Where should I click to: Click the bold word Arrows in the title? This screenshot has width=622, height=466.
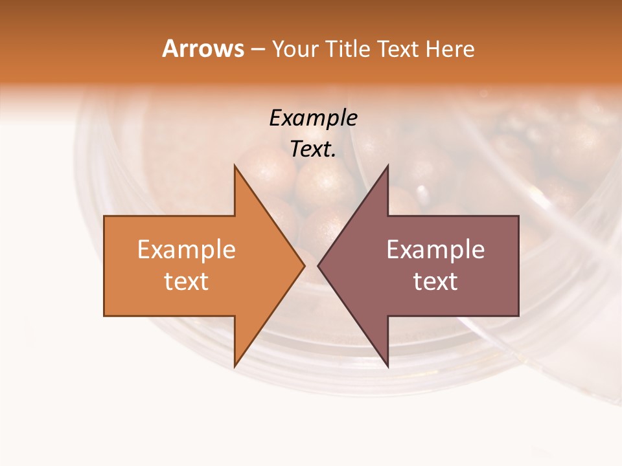click(x=202, y=49)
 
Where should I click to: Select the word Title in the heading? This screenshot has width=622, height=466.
click(x=348, y=49)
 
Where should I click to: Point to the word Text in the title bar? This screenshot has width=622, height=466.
click(x=398, y=49)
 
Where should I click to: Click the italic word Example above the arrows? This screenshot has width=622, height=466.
click(x=313, y=118)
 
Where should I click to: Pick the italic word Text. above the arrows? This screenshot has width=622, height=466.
click(x=313, y=150)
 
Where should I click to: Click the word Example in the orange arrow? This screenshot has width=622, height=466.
click(x=187, y=250)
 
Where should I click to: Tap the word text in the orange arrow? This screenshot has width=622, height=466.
click(x=187, y=282)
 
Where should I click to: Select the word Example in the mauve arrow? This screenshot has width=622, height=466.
click(x=435, y=250)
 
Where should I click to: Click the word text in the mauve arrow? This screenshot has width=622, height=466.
click(x=435, y=282)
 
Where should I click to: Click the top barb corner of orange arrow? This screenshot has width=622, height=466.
click(x=235, y=166)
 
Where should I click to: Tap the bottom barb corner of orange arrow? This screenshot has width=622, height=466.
click(x=235, y=366)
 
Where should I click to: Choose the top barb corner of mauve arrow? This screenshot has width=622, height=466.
click(x=388, y=166)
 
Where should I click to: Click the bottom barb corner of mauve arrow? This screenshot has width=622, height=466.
click(x=388, y=366)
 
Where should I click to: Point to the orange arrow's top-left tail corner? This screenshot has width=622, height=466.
click(x=104, y=216)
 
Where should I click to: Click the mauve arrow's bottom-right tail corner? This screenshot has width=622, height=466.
click(x=518, y=316)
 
